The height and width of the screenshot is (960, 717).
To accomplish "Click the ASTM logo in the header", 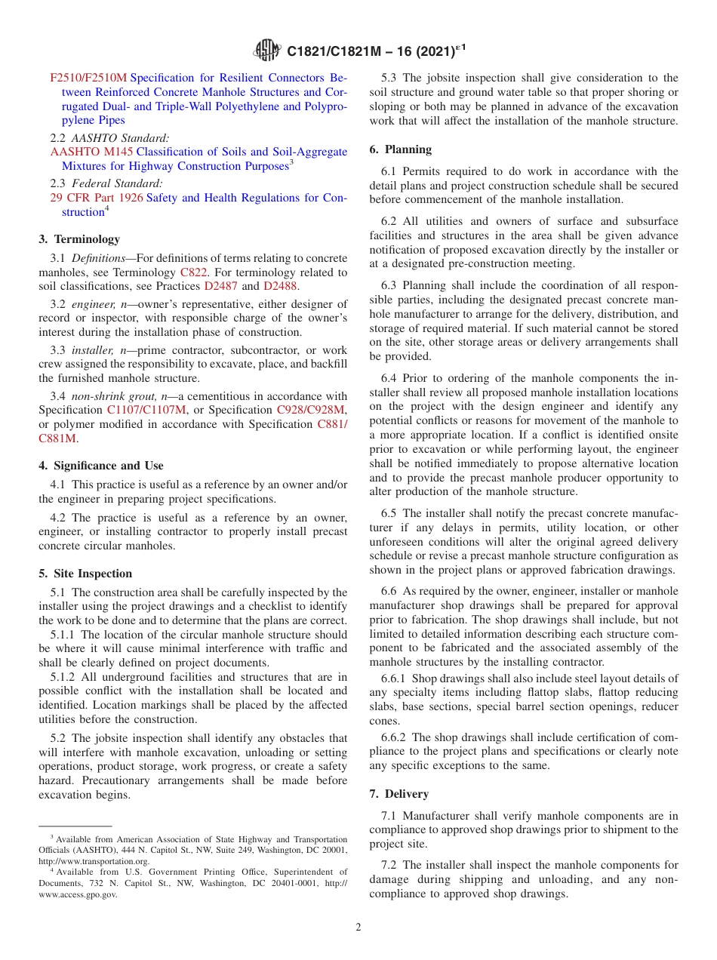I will click(267, 51).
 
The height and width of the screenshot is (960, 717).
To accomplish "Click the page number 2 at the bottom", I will click(358, 928).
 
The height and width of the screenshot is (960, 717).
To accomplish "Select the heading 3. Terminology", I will click(79, 239).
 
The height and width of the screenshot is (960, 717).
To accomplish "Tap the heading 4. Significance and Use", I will click(101, 466).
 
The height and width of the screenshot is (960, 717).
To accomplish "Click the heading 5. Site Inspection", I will click(85, 574).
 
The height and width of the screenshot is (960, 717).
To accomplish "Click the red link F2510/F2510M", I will click(88, 78).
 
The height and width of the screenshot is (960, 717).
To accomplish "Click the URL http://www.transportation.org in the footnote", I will click(94, 861).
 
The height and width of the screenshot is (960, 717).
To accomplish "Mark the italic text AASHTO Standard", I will click(120, 138).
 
